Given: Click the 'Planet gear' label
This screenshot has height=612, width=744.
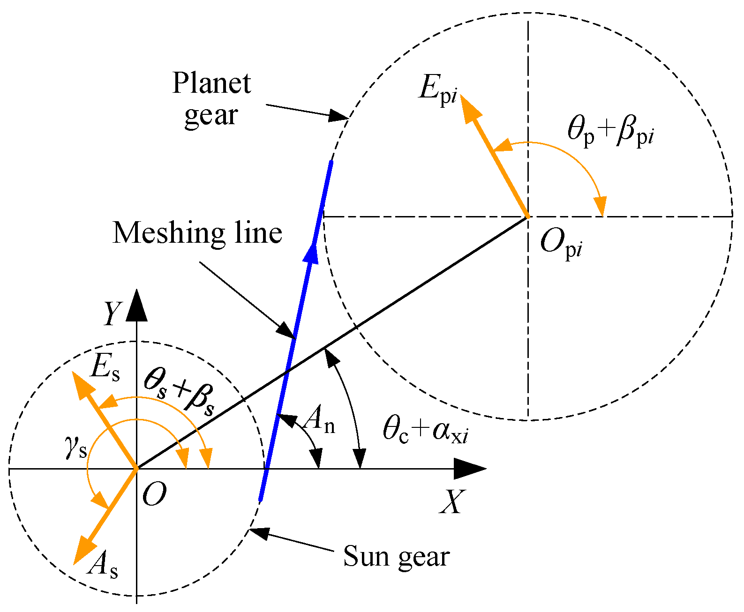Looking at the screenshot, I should [211, 99].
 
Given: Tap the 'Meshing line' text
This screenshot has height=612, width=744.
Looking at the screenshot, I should [197, 233].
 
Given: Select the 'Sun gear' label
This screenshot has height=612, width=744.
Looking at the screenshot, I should [396, 556].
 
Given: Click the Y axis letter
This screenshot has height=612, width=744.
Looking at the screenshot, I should [113, 313].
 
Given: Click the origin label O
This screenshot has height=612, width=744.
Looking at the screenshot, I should [154, 494].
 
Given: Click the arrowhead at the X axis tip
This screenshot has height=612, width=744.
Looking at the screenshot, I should [471, 468].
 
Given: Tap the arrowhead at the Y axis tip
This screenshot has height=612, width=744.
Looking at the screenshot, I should [136, 305].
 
